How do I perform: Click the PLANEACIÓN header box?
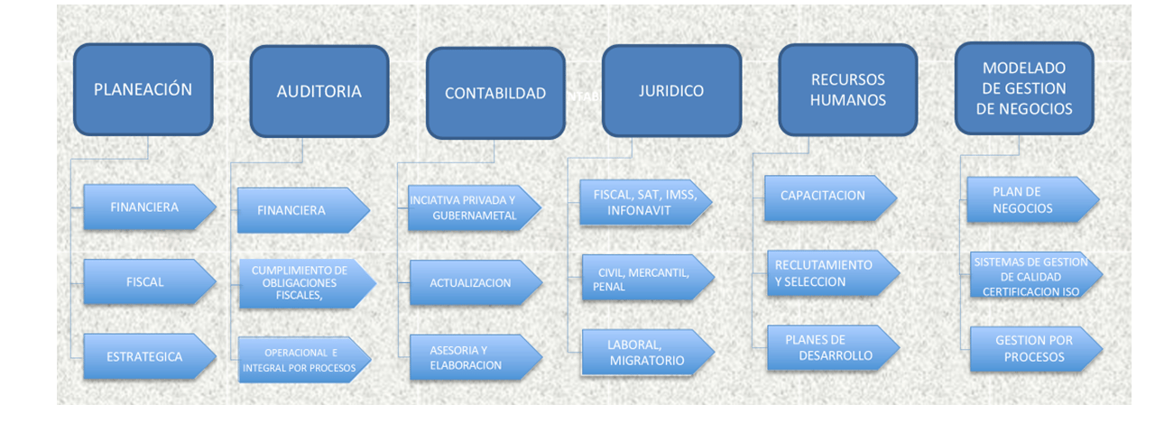point(143,89)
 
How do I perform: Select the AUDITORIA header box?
point(319,91)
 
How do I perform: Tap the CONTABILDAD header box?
point(495,93)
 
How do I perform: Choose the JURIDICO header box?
point(671,91)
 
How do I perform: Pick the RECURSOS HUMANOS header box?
point(847,90)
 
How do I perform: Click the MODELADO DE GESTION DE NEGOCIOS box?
point(1024,88)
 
